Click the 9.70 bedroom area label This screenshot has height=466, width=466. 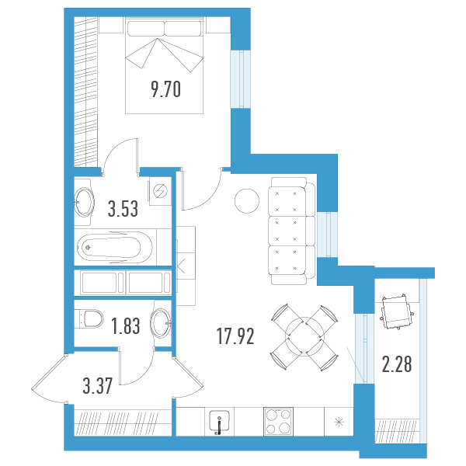click(166, 89)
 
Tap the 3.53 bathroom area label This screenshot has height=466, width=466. click(123, 209)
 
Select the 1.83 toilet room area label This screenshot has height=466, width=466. click(125, 325)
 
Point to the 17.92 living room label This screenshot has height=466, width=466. click(235, 336)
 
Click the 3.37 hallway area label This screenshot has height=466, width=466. click(98, 386)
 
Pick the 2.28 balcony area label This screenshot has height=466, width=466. click(397, 364)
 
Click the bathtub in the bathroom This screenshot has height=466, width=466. click(114, 247)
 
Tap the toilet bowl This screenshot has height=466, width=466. click(89, 318)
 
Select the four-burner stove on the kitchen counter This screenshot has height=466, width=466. click(279, 422)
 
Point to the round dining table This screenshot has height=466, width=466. click(304, 336)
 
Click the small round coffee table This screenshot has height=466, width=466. click(247, 201)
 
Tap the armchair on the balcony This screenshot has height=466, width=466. click(396, 312)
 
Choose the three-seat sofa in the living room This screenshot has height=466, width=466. click(291, 231)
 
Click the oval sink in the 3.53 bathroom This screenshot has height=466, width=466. click(85, 202)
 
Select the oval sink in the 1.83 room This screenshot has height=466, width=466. click(161, 323)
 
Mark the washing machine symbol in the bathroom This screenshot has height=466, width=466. click(160, 190)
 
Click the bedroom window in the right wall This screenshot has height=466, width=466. click(241, 78)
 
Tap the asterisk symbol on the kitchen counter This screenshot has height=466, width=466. click(339, 422)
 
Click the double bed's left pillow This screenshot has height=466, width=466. click(146, 28)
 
